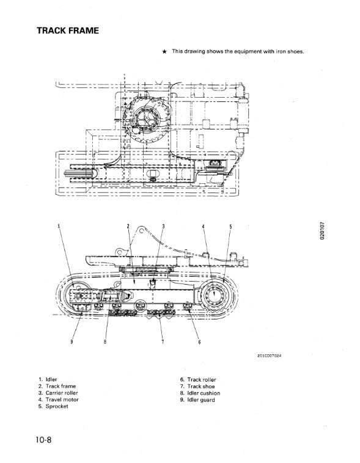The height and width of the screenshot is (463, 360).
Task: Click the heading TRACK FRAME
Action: [x=68, y=31]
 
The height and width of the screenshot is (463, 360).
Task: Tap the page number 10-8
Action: [x=43, y=440]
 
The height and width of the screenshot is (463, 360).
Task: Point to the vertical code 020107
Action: [x=322, y=231]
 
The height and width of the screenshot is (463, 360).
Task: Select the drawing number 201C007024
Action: [x=270, y=355]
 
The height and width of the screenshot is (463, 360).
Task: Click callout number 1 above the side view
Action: [x=59, y=227]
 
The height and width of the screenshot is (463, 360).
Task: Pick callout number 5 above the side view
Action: [x=230, y=227]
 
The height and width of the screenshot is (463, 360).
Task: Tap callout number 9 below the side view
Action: [x=72, y=341]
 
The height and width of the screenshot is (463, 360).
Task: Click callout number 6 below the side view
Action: [x=199, y=342]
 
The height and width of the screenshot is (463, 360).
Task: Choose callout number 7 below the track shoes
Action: [x=163, y=341]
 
